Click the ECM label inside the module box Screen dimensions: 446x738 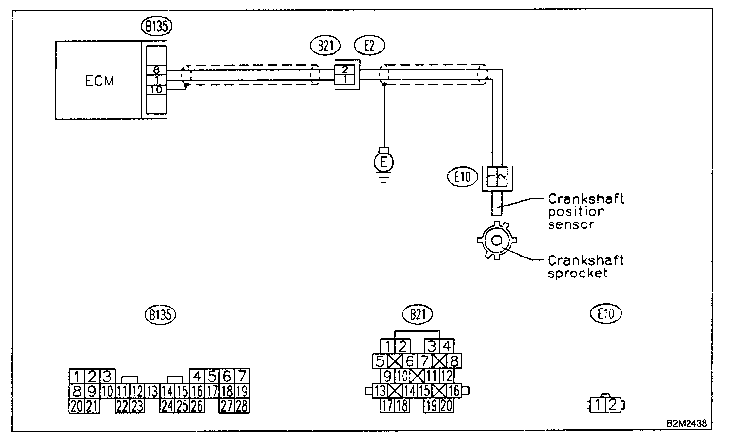coord(100,81)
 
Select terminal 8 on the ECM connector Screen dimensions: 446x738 coord(156,69)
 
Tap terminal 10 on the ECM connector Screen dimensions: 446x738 coord(156,89)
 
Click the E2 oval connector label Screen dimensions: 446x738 coord(369,45)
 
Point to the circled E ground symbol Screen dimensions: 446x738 coord(384,162)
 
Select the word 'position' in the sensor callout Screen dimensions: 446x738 coord(576,212)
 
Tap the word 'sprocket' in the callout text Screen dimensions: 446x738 coord(578,273)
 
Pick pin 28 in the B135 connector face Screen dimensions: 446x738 coord(241,406)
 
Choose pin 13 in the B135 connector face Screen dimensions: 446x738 coord(152,391)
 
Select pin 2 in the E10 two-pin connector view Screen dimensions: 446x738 coord(613,404)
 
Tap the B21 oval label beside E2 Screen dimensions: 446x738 coord(325,45)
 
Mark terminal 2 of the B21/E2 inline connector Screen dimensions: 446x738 coord(345,69)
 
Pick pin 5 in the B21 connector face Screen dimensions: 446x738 coord(380,361)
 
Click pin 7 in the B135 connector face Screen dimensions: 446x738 coord(241,376)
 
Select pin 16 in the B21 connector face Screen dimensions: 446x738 coord(453,391)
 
